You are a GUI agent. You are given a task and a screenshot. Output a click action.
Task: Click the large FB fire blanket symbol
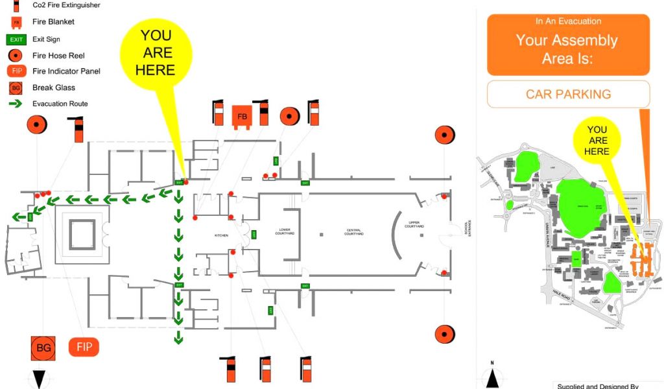(x=242, y=117)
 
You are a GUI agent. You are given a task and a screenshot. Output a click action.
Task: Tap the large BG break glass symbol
(x=43, y=348)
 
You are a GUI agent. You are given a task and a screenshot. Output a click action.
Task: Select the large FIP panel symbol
(x=84, y=347)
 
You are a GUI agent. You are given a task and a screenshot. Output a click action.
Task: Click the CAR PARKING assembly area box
(x=568, y=94)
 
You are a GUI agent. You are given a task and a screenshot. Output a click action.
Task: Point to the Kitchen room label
(x=223, y=235)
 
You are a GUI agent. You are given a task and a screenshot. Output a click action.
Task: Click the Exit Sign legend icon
(x=17, y=40)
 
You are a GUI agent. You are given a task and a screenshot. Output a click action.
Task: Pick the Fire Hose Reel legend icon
(x=16, y=56)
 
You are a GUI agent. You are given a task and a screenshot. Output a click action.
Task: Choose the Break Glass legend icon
(x=16, y=88)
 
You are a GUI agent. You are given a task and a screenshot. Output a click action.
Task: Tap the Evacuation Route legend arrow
(x=16, y=104)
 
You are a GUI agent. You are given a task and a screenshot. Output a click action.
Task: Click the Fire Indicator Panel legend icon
(x=16, y=71)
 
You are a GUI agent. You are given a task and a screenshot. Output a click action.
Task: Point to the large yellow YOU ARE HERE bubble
(x=156, y=52)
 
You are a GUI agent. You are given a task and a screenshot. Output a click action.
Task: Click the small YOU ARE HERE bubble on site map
(x=597, y=140)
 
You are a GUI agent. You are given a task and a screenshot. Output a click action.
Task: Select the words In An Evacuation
(x=568, y=21)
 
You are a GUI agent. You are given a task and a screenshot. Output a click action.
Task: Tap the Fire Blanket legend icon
(x=16, y=22)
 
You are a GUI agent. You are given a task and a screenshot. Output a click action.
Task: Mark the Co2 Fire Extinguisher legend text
(x=66, y=5)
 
